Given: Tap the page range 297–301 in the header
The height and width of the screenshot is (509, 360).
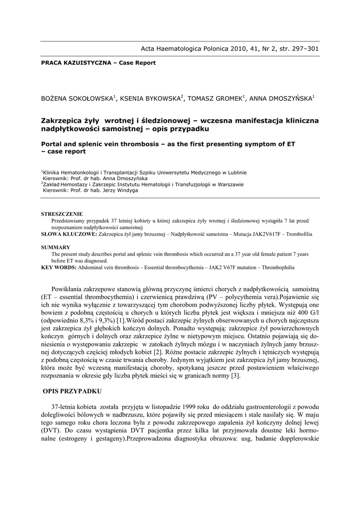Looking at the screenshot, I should tap(302, 49).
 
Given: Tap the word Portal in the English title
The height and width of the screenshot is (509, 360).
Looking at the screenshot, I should tap(53, 144).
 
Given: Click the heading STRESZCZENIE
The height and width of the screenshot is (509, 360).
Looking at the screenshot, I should tap(62, 214).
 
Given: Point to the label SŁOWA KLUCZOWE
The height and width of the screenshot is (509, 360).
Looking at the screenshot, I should tap(69, 233).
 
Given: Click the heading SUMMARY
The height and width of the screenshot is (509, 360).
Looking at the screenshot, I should tap(55, 247).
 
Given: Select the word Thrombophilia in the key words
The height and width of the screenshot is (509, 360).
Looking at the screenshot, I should tap(276, 267).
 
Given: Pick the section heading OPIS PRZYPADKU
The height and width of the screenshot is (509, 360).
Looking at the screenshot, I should tap(73, 391).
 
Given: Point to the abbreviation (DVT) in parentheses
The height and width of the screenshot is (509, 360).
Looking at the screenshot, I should tap(51, 431).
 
